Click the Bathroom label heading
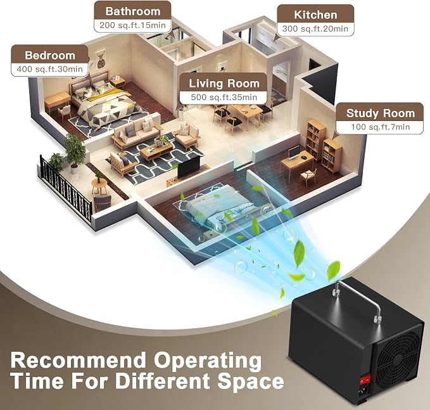click(133, 11)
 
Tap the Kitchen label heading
click(315, 15)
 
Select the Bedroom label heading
click(50, 55)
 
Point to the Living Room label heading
click(224, 84)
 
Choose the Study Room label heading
click(381, 113)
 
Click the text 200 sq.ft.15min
click(133, 25)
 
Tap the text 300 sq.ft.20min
click(315, 29)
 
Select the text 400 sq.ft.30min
click(49, 69)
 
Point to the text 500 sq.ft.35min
click(224, 97)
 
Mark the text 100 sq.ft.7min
click(381, 127)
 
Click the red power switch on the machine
click(365, 380)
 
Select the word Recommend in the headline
click(78, 360)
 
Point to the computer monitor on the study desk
click(294, 152)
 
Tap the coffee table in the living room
click(156, 151)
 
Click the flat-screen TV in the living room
click(189, 167)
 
